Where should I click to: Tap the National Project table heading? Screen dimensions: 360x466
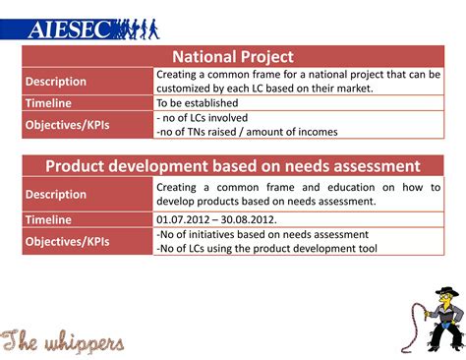[233, 57]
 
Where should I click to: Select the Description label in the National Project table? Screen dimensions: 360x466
[56, 81]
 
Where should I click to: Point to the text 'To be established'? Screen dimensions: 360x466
[197, 102]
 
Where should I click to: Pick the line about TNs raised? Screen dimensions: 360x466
[246, 131]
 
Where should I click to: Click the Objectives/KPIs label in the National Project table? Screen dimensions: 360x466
[68, 124]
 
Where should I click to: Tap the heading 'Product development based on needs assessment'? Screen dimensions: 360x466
[233, 166]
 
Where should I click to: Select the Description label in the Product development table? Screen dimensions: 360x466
[56, 194]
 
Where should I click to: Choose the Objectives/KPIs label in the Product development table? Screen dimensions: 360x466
[68, 240]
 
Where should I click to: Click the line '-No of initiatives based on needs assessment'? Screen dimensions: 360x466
[262, 234]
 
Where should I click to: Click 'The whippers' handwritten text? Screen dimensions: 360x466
[64, 340]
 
